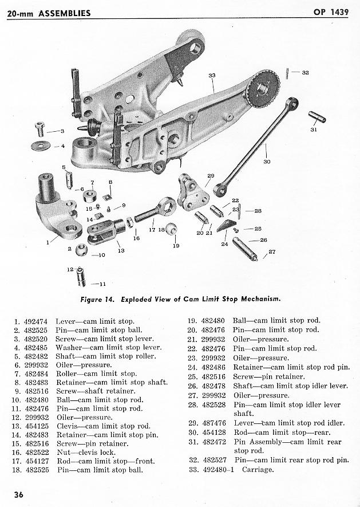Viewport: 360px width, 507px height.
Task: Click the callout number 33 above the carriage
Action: point(212,75)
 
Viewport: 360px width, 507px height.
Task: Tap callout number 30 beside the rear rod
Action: point(267,162)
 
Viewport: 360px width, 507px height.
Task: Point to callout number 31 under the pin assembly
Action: point(313,130)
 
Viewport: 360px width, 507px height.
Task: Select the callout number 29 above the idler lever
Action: point(210,175)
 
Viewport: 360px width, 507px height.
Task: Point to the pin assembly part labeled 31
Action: point(317,116)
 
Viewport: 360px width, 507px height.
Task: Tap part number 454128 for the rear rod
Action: point(215,433)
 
